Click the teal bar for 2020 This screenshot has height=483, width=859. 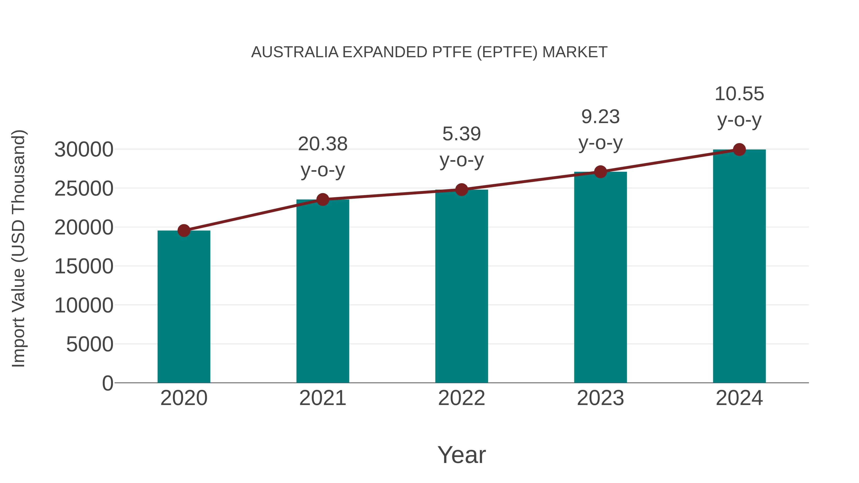[184, 307]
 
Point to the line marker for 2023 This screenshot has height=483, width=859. [600, 172]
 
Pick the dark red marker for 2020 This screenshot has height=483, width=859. [184, 230]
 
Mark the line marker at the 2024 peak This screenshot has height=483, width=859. [739, 150]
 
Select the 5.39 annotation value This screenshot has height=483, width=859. [461, 134]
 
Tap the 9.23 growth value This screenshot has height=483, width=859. [600, 117]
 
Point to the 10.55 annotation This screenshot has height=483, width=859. [739, 94]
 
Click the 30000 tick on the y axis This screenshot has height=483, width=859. [84, 150]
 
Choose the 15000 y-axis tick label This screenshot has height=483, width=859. [84, 266]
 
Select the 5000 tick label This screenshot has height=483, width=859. [90, 344]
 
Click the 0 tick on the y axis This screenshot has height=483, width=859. [108, 383]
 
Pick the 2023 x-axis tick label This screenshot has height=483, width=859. [600, 398]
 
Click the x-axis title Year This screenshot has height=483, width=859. [461, 455]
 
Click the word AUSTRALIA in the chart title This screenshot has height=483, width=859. [294, 52]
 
